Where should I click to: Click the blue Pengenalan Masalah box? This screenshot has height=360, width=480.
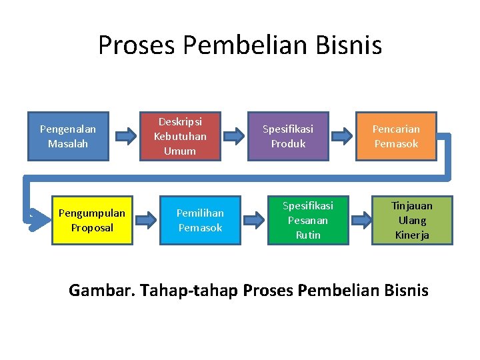[67, 136]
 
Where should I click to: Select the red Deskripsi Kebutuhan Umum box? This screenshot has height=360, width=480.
[180, 136]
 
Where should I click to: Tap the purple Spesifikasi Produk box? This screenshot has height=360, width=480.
[288, 136]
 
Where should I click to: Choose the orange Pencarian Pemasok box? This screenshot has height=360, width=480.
[396, 136]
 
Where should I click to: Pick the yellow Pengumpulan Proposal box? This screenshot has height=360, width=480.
[91, 220]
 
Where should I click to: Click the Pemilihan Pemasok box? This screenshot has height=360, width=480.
[199, 220]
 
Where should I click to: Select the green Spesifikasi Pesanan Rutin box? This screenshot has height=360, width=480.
[307, 220]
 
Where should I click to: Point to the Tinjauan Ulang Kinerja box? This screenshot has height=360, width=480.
[411, 220]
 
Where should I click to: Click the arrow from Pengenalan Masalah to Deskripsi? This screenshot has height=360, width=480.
[124, 137]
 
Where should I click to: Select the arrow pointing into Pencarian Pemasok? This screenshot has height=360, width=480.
[341, 137]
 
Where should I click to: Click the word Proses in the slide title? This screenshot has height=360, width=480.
[136, 45]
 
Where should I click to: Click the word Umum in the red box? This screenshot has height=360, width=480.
[180, 151]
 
